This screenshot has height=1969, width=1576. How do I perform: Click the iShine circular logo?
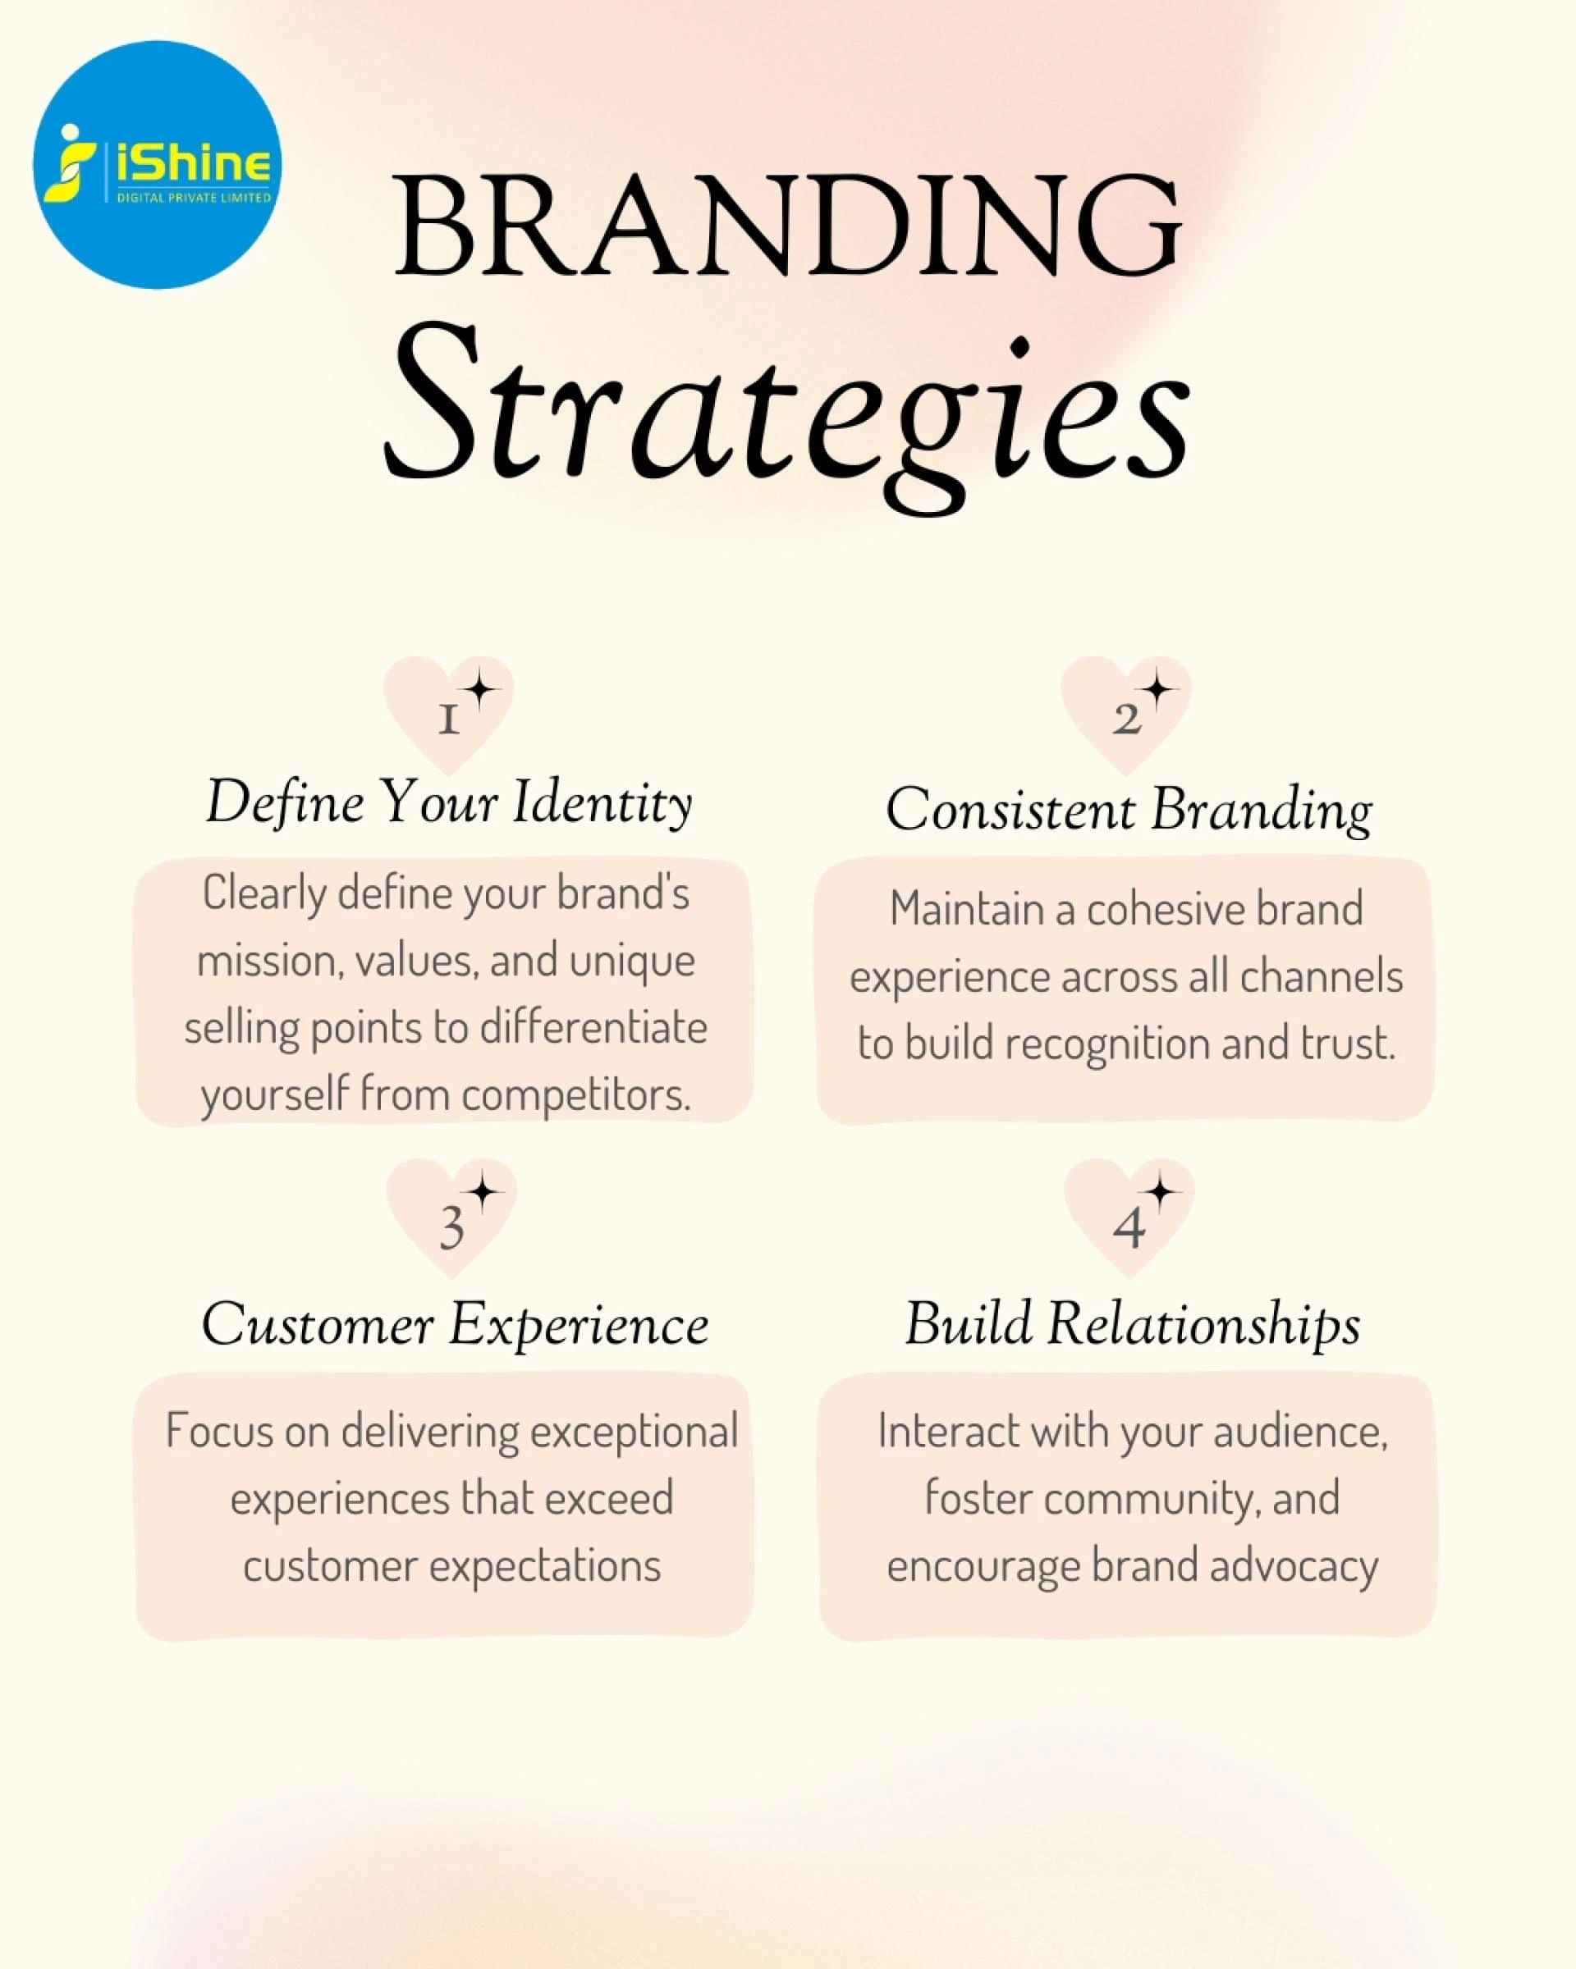point(157,164)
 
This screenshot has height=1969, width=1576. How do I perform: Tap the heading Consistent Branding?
point(1129,811)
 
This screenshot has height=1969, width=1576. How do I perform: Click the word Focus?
point(218,1432)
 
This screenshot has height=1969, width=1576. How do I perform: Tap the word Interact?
point(946,1432)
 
